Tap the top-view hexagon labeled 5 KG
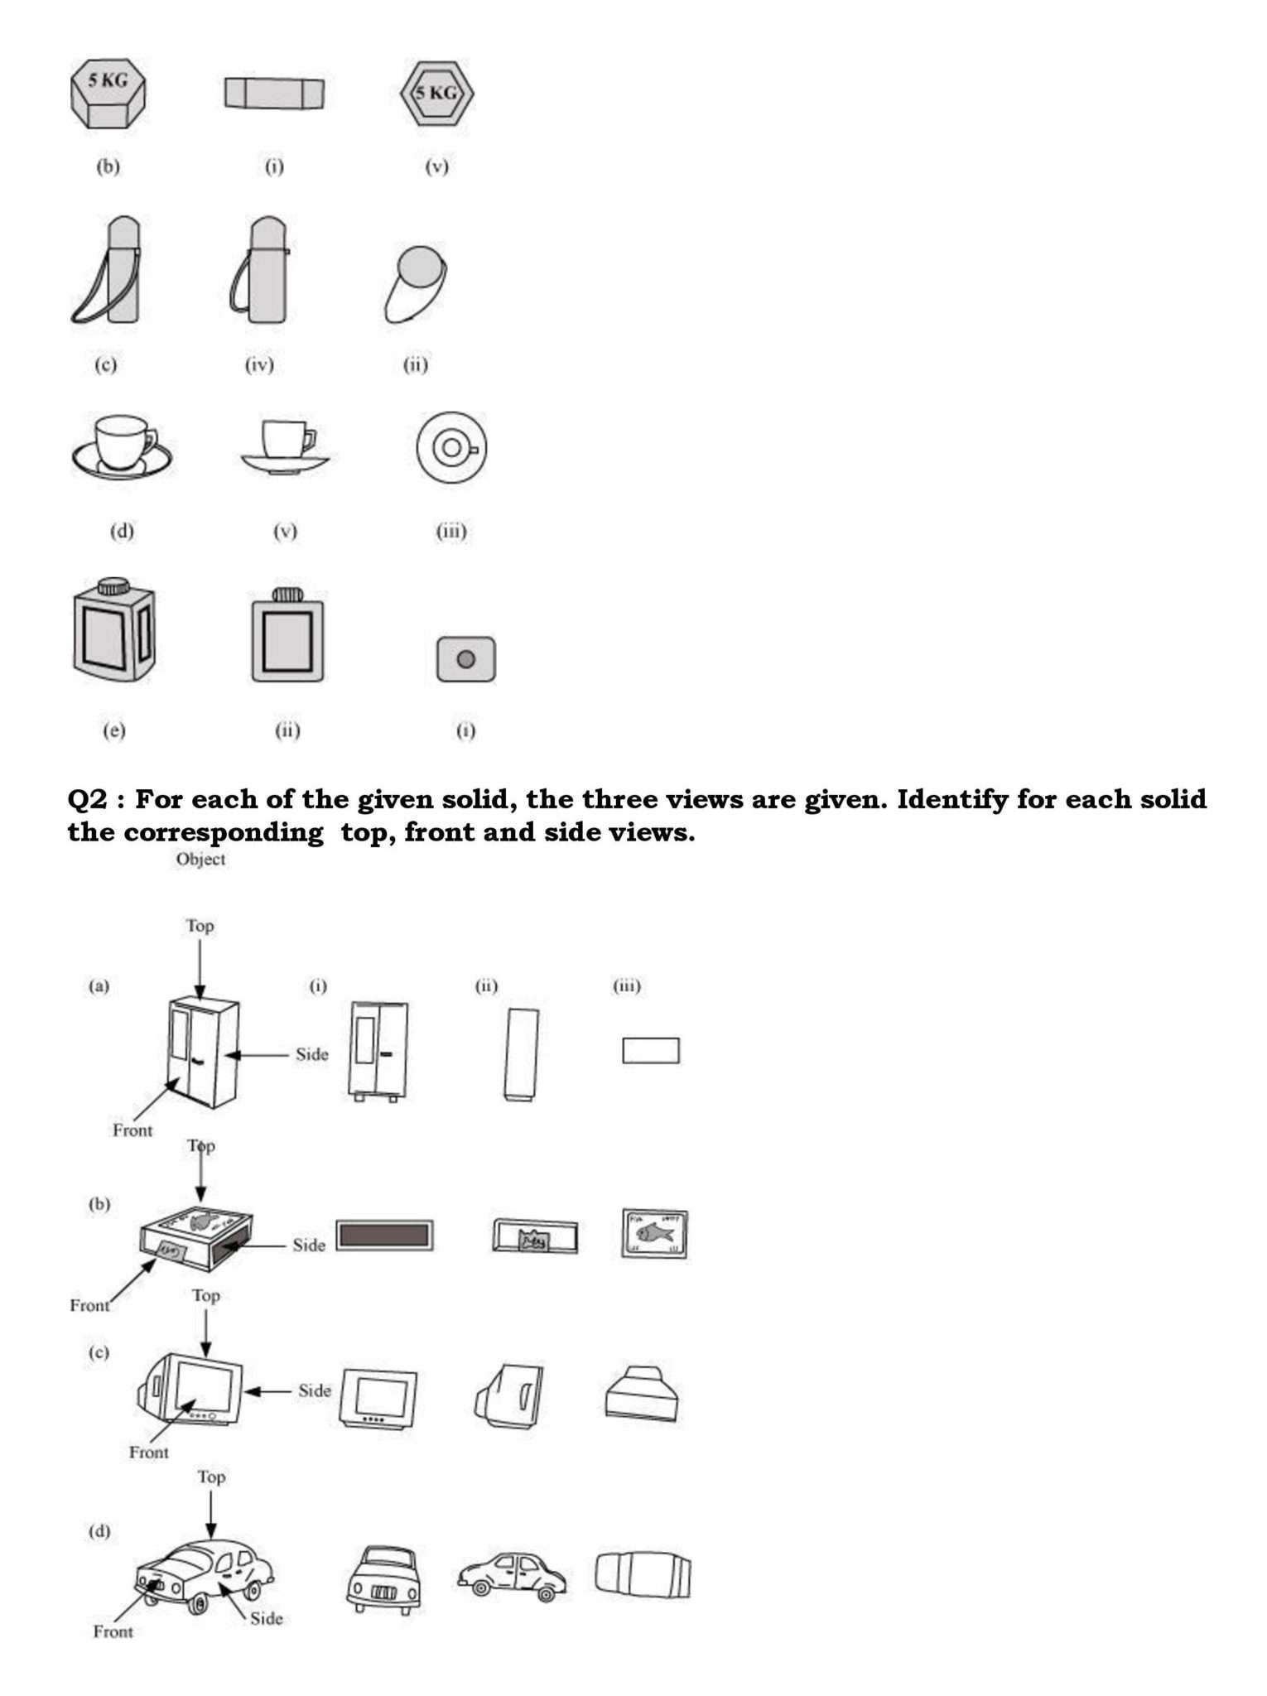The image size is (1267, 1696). (436, 94)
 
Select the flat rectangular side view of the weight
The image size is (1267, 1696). (274, 94)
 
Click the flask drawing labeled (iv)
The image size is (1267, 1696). (261, 272)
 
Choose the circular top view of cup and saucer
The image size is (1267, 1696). (451, 448)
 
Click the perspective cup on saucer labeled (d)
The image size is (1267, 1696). (122, 447)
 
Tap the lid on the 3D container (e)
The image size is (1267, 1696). (113, 586)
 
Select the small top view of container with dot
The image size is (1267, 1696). (466, 659)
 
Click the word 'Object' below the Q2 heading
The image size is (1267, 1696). (200, 860)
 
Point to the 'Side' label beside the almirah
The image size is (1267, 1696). (311, 1054)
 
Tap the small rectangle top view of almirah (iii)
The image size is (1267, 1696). (651, 1051)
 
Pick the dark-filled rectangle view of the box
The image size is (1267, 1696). (385, 1236)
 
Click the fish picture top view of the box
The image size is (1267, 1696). (654, 1234)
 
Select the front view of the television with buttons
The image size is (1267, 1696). (379, 1399)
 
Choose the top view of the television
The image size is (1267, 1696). (643, 1394)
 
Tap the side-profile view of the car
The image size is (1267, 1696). (512, 1576)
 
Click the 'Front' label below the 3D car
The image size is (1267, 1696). (113, 1632)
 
